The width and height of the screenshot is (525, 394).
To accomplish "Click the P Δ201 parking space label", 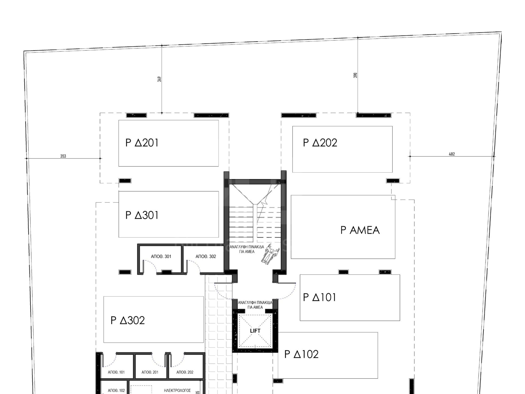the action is pyautogui.click(x=142, y=143).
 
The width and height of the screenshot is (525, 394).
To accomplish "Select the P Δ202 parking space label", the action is pyautogui.click(x=320, y=143).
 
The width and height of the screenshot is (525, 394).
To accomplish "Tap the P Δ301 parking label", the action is pyautogui.click(x=142, y=215).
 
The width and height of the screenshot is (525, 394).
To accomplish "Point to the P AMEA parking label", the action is pyautogui.click(x=360, y=230).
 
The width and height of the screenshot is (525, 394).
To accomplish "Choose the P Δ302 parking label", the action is pyautogui.click(x=128, y=320).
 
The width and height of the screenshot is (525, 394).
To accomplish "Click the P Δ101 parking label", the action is pyautogui.click(x=319, y=297).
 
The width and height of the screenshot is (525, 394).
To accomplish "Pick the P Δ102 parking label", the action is pyautogui.click(x=301, y=354).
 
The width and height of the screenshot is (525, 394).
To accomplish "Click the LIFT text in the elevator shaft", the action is pyautogui.click(x=255, y=331).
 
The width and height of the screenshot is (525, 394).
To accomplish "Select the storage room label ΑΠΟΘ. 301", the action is pyautogui.click(x=161, y=256).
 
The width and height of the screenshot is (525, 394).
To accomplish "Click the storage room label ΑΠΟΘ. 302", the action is pyautogui.click(x=206, y=256).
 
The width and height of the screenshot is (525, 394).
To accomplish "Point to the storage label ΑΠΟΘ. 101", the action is pyautogui.click(x=116, y=372).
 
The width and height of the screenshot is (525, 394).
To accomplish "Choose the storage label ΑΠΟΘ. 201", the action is pyautogui.click(x=150, y=372).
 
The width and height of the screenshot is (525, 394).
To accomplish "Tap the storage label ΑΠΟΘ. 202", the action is pyautogui.click(x=185, y=372).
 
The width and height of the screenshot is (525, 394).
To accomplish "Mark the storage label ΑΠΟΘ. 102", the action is pyautogui.click(x=116, y=391).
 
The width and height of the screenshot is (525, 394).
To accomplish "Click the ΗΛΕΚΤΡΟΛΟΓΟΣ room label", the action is pyautogui.click(x=177, y=391).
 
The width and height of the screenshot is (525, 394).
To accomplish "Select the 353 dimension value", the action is pyautogui.click(x=63, y=156).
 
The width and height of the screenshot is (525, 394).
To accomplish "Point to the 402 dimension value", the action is pyautogui.click(x=452, y=154).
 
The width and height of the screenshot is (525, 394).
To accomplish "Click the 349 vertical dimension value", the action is pyautogui.click(x=159, y=79).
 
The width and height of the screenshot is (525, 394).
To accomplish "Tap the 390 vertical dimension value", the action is pyautogui.click(x=355, y=75).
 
